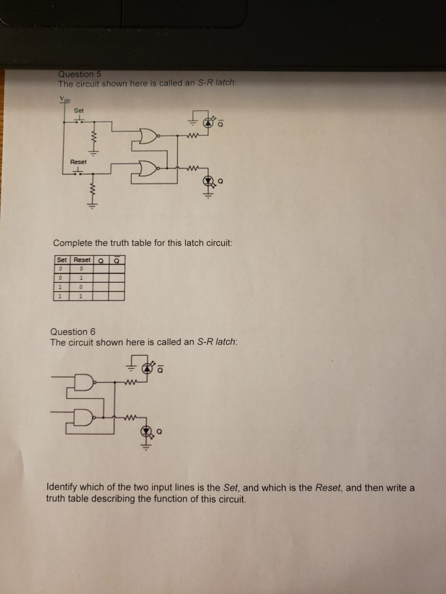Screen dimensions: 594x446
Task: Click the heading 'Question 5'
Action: (80, 74)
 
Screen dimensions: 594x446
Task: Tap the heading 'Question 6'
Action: (73, 332)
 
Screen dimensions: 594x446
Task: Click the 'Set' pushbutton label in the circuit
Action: (78, 110)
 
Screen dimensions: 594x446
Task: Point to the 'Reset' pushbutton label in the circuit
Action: (78, 161)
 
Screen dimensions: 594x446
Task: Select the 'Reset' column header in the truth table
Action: (81, 260)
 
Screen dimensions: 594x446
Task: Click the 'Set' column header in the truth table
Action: (61, 260)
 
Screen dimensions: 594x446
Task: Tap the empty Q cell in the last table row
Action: (101, 296)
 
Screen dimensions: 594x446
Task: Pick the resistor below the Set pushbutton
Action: (92, 139)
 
